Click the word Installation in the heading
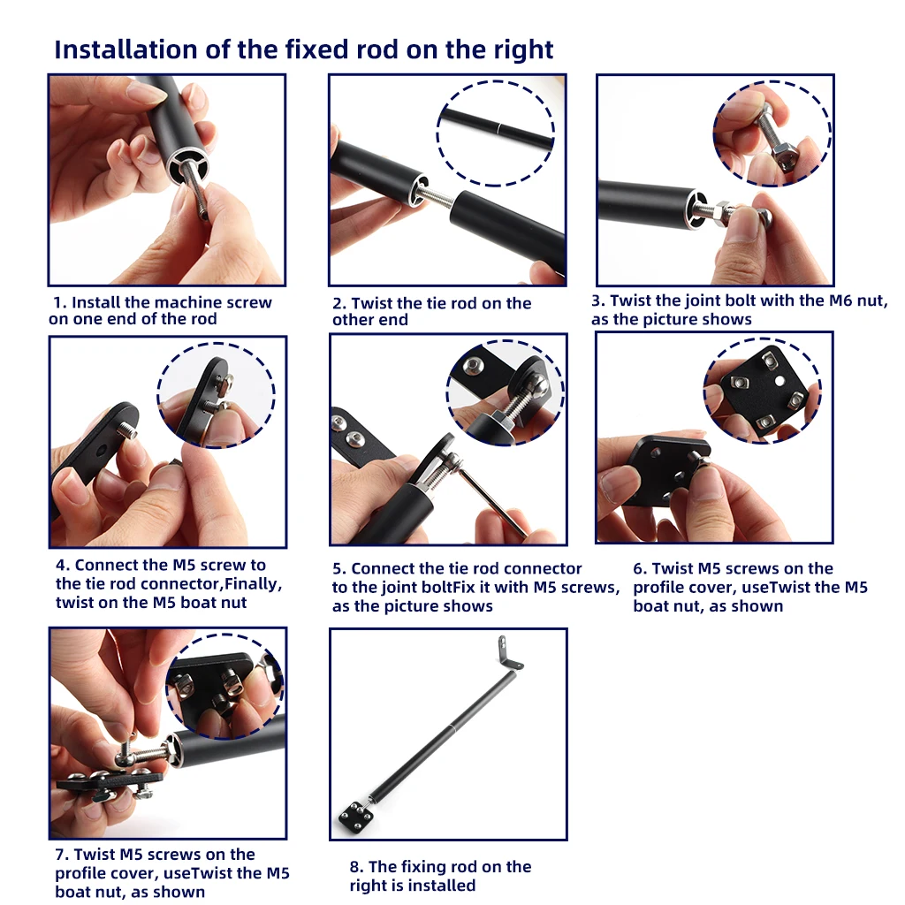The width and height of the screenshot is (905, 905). pyautogui.click(x=125, y=49)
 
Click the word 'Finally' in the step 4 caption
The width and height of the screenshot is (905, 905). pyautogui.click(x=251, y=584)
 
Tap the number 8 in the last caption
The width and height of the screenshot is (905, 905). pyautogui.click(x=354, y=867)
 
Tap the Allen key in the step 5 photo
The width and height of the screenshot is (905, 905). pyautogui.click(x=491, y=498)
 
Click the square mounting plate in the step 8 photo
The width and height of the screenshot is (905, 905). pyautogui.click(x=354, y=816)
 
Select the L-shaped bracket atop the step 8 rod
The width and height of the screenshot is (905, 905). pyautogui.click(x=508, y=652)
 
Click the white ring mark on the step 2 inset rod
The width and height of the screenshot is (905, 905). pyautogui.click(x=498, y=127)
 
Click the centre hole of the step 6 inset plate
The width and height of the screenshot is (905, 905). pyautogui.click(x=780, y=381)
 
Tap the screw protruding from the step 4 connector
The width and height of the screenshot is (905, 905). pyautogui.click(x=128, y=430)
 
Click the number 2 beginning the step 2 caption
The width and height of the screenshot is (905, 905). pyautogui.click(x=338, y=304)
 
